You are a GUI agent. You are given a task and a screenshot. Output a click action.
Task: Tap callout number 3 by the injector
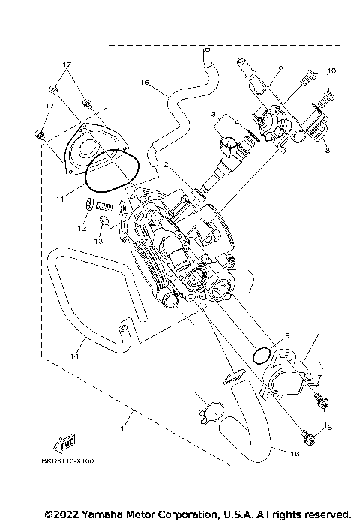[x=214, y=114]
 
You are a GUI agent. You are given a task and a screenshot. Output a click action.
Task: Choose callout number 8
[x=326, y=149]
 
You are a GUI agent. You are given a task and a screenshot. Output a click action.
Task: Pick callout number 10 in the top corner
[x=332, y=70]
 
